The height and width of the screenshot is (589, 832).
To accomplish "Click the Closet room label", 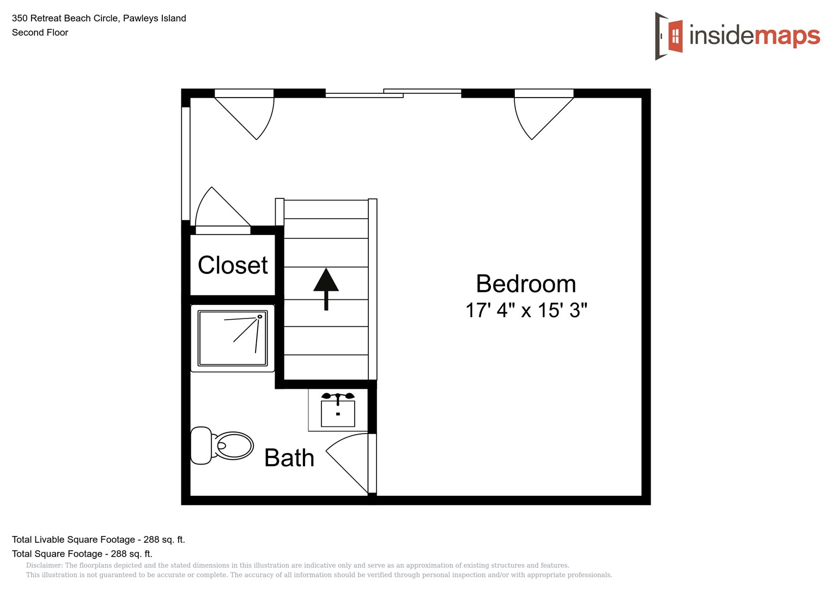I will [x=233, y=266].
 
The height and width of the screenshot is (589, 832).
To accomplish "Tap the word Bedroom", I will [x=526, y=284].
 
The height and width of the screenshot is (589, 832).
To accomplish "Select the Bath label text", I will [x=289, y=458].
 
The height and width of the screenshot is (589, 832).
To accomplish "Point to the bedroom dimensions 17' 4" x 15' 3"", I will [x=526, y=310].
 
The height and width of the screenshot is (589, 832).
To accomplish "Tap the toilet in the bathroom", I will [x=223, y=446].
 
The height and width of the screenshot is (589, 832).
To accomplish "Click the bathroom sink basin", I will [x=338, y=413].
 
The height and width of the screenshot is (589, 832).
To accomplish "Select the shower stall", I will [x=233, y=338].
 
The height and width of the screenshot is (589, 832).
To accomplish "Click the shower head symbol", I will [x=260, y=316].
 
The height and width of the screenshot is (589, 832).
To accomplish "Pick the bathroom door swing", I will [x=349, y=461].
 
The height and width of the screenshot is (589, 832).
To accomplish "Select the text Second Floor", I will [x=40, y=33].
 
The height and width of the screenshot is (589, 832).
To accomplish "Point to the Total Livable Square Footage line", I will [x=98, y=540].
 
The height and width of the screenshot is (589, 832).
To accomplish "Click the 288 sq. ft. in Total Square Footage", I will [x=131, y=554].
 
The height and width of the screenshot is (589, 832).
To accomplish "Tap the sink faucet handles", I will [x=338, y=396].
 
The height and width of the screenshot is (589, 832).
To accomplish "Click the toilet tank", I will [x=201, y=446].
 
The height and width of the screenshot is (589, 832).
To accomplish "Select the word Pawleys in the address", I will [x=138, y=19].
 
